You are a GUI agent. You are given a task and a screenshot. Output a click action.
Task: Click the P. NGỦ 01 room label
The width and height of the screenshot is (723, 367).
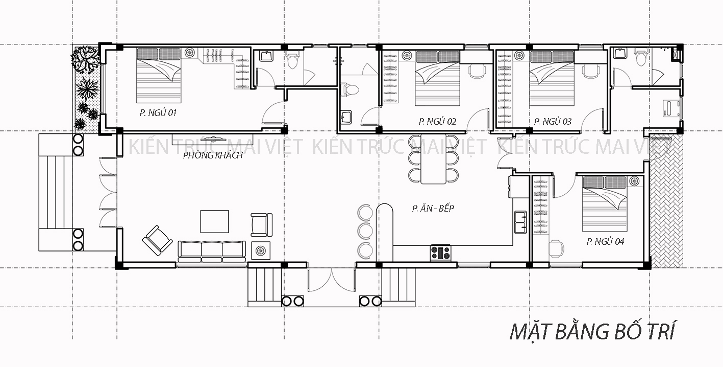pos(158,113)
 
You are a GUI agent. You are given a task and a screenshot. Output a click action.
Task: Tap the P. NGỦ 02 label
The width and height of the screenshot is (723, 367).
pos(437,122)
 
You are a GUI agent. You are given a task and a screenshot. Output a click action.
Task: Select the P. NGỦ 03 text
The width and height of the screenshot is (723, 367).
pos(553,122)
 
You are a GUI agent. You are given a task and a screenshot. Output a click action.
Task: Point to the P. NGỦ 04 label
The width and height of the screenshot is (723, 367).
pos(605,242)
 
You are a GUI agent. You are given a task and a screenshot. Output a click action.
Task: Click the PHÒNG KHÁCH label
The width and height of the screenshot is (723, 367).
pos(213,155)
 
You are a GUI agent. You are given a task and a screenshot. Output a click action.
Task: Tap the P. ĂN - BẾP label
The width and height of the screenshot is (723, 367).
pos(433,208)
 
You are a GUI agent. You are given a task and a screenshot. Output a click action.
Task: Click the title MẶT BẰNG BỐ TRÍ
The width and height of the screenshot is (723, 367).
pos(592,331)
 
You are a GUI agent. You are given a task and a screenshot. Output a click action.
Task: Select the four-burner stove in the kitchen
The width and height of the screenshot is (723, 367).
pos(440,253)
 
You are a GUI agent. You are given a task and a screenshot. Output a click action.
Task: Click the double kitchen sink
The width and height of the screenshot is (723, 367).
pos(520,222)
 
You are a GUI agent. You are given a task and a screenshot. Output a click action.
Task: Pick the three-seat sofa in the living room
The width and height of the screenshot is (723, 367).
pos(211,251)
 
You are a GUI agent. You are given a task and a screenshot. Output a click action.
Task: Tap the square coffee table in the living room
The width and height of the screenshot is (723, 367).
pos(215,221)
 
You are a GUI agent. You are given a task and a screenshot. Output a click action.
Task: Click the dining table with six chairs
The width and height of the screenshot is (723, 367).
pos(433,159)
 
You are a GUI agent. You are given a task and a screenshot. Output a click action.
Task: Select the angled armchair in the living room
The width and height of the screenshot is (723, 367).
pos(157,240)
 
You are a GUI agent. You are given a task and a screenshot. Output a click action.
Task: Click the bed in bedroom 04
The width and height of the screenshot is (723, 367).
pos(605,204)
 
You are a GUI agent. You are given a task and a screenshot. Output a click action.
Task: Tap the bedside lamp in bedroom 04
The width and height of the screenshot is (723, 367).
pos(634,181)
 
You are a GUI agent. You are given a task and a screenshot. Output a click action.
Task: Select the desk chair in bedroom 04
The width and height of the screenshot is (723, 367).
pos(557,248)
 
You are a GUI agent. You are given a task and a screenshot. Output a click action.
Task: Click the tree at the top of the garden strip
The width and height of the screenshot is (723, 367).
pos(85,60)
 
